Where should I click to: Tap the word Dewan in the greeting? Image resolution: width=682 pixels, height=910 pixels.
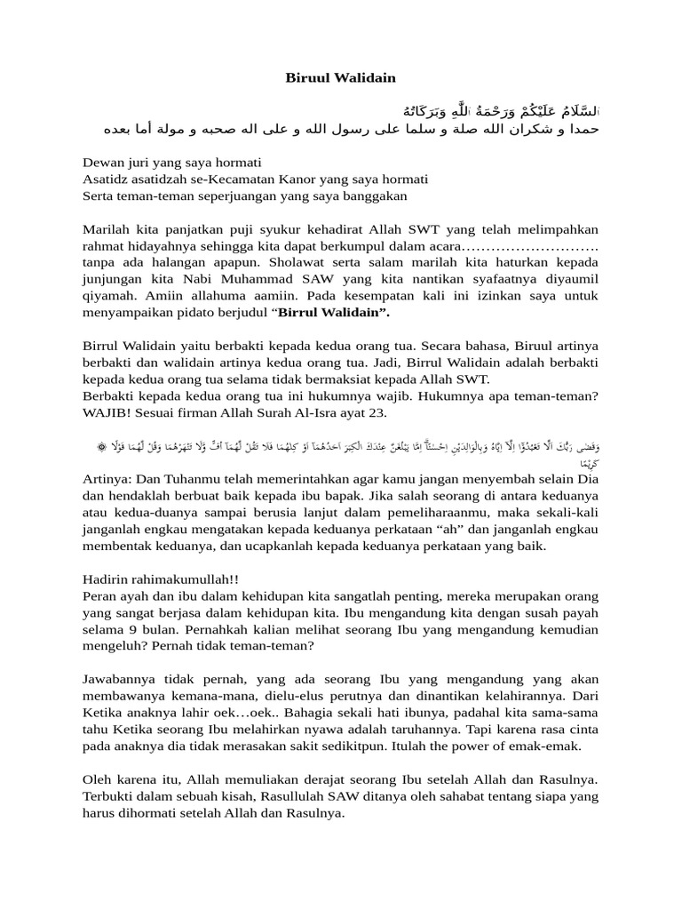(x=103, y=163)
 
